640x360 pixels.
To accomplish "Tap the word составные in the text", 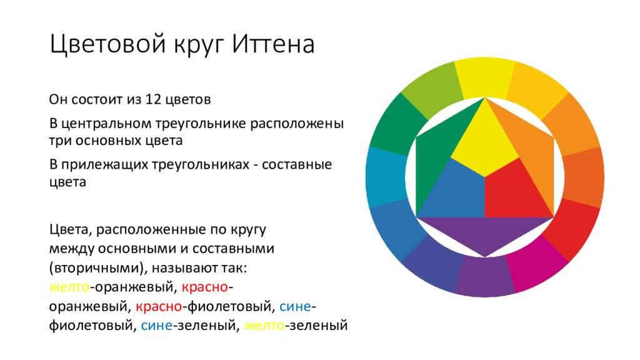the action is pyautogui.click(x=297, y=164).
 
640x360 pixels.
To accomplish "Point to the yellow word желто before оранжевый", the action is pyautogui.click(x=69, y=287).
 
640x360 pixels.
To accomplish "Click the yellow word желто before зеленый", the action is pyautogui.click(x=264, y=325).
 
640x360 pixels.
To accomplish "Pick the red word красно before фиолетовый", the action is pyautogui.click(x=159, y=306).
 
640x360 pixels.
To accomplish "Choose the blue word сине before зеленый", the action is pyautogui.click(x=156, y=325).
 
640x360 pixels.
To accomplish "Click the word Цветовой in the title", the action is pyautogui.click(x=108, y=44).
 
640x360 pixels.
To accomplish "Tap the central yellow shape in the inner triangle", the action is pyautogui.click(x=485, y=143).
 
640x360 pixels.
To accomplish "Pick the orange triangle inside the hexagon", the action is pyautogui.click(x=531, y=151).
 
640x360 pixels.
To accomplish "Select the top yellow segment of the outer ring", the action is pyautogui.click(x=485, y=77).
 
